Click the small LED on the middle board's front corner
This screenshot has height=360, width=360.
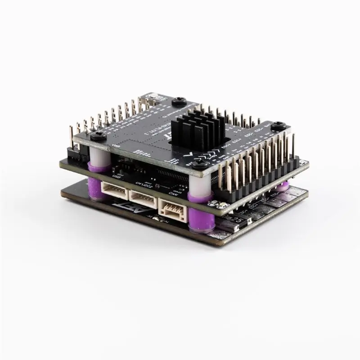223,206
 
